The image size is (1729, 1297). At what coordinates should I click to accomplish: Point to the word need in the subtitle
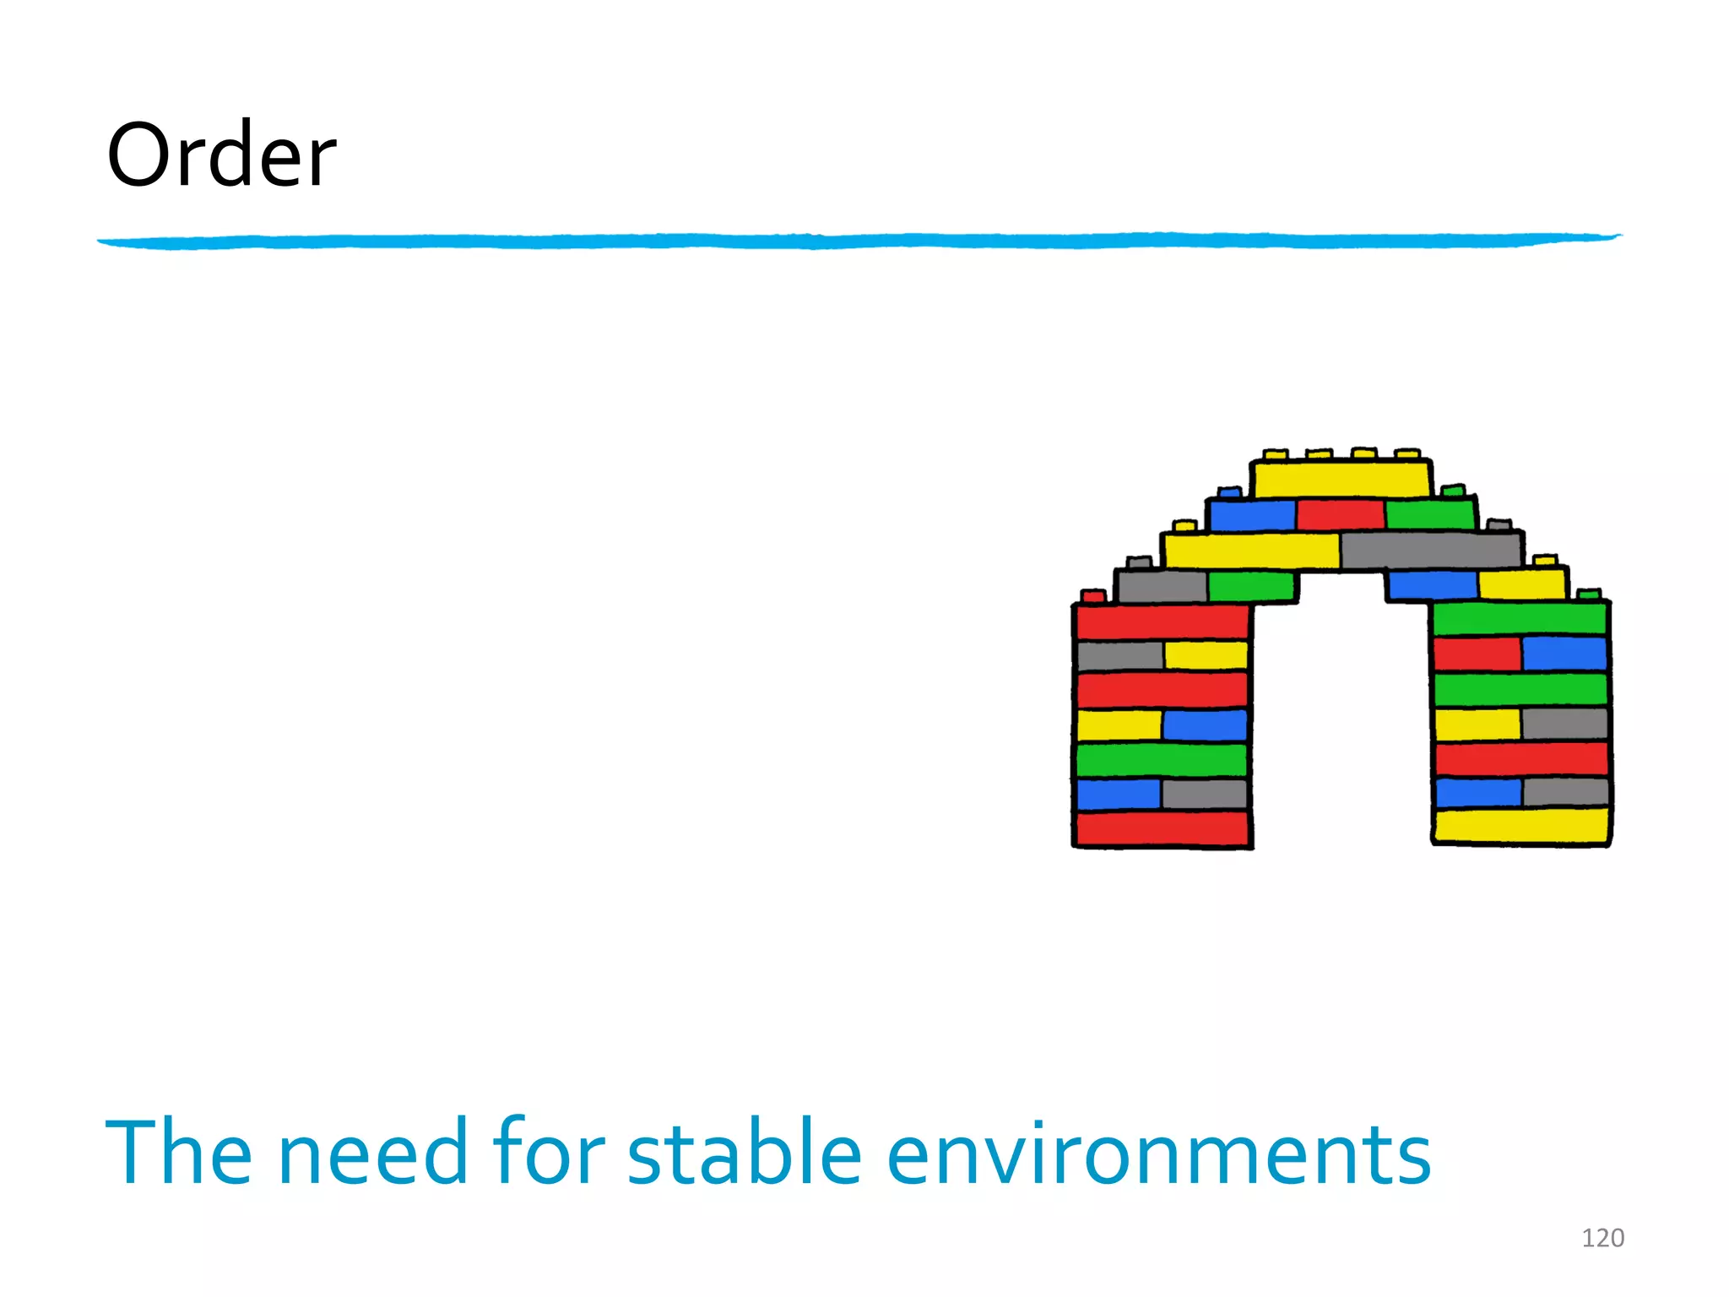pos(372,1152)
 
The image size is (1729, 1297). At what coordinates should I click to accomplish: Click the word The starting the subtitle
pos(178,1152)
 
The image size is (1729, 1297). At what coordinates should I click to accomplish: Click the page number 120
pos(1602,1238)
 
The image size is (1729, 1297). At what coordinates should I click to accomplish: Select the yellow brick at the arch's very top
pos(1341,479)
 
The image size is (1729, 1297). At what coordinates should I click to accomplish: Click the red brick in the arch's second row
pos(1341,514)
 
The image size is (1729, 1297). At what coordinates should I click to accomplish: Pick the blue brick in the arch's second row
pos(1252,515)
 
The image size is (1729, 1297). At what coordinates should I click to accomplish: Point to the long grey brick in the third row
pos(1432,550)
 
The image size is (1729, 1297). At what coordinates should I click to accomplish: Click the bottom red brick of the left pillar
pos(1162,828)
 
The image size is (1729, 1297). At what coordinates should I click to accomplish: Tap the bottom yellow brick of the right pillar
pos(1521,826)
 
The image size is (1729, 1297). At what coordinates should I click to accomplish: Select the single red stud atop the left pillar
pos(1093,596)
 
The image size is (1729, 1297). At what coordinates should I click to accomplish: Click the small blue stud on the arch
pos(1229,491)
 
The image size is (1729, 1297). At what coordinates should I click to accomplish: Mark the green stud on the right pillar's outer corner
pos(1590,594)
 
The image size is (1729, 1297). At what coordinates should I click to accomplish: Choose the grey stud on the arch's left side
pos(1139,562)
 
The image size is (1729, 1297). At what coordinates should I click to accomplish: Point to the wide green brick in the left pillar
pos(1162,759)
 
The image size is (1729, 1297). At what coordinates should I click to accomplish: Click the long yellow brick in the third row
pos(1251,551)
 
